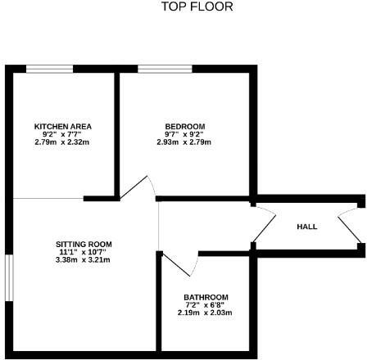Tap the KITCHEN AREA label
pos(62,126)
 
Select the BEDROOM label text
pos(185,126)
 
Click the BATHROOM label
pos(206,296)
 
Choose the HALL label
pos(306,227)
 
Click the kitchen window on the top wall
pos(50,68)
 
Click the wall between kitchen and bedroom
pos(116,131)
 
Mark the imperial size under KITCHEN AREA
pos(62,134)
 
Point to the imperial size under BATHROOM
pos(206,304)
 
